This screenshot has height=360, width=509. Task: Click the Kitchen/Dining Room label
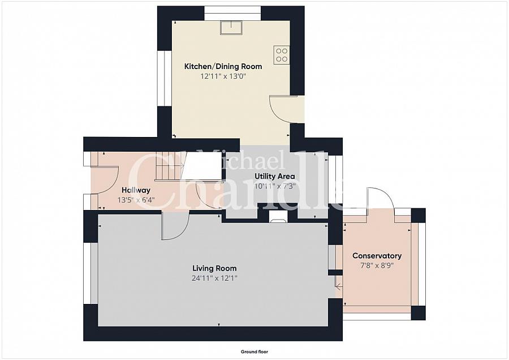223,66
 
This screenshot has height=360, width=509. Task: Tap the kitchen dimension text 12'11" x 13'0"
223,76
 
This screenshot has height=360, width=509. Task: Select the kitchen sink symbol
231,27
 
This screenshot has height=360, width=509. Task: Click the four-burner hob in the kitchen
282,55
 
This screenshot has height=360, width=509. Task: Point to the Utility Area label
275,177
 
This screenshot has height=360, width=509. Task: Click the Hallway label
136,190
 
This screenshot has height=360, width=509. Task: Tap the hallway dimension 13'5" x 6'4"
136,200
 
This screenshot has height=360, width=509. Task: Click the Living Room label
214,268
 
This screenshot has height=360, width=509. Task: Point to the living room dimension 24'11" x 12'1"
214,278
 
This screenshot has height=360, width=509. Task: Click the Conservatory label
377,256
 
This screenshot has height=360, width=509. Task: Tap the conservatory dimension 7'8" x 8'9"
377,265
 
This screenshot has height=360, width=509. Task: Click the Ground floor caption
255,352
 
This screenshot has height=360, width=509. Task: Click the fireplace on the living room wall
278,217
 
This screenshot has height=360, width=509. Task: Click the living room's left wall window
90,273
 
